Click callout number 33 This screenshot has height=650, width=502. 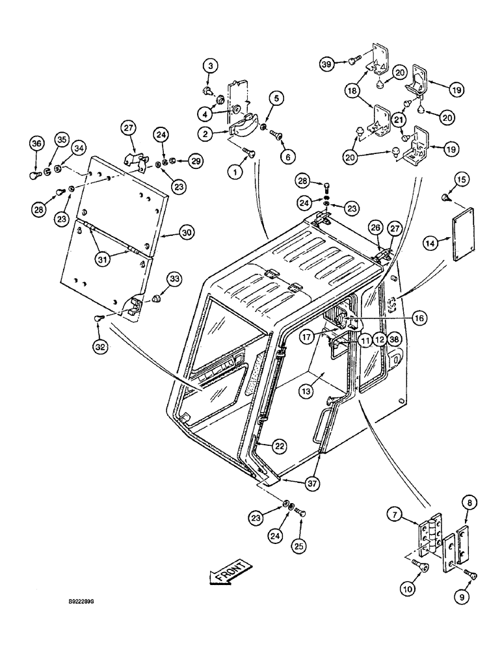[157, 278]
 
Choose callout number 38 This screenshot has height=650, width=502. [395, 339]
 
